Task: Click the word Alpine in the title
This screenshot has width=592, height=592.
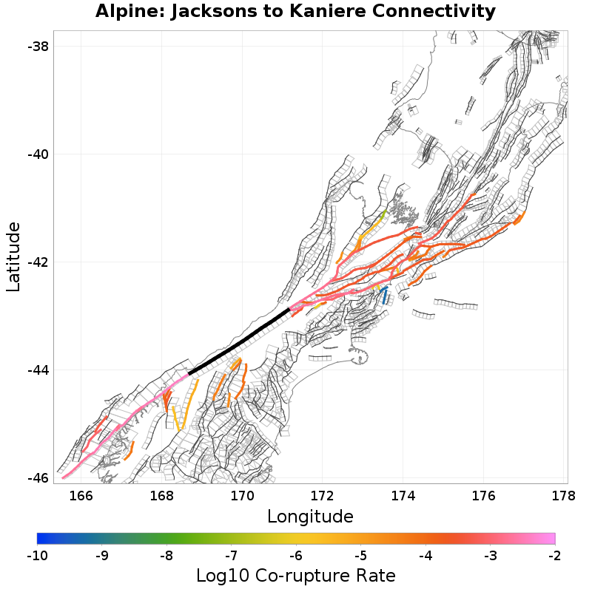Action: (127, 12)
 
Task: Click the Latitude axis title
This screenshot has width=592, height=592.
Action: (13, 256)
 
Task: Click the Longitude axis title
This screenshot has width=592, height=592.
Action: (310, 515)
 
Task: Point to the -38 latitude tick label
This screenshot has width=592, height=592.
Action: (38, 47)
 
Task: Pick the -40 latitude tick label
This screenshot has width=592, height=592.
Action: (38, 154)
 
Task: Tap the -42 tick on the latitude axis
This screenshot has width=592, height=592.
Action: (38, 262)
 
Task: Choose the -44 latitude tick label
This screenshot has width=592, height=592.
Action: (38, 370)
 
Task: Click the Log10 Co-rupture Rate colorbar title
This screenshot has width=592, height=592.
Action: (295, 575)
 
